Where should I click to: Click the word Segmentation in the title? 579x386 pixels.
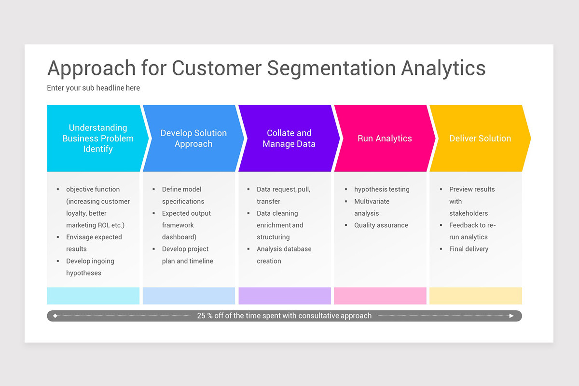(331, 68)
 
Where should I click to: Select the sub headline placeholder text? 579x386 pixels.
(94, 88)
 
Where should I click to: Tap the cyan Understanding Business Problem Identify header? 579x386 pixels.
(98, 138)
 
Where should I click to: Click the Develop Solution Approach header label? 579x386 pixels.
(193, 138)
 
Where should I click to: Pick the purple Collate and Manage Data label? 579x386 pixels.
(289, 138)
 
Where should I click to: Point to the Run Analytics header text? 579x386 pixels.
(385, 138)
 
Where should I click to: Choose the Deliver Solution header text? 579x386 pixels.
(480, 138)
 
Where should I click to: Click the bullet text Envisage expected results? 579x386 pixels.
(94, 243)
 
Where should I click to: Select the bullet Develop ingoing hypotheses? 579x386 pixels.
(90, 267)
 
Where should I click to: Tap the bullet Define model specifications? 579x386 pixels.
(182, 195)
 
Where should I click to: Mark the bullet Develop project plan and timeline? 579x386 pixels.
(187, 255)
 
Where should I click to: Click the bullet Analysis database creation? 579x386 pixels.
(284, 255)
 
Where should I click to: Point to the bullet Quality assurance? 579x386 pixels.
(381, 225)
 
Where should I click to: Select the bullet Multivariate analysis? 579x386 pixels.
(372, 207)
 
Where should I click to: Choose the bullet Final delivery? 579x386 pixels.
(469, 249)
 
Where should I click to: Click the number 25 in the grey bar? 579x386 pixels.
(201, 316)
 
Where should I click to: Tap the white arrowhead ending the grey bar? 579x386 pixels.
(512, 316)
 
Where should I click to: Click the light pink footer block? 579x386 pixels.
(380, 296)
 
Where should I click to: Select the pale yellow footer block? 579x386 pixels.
(476, 296)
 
